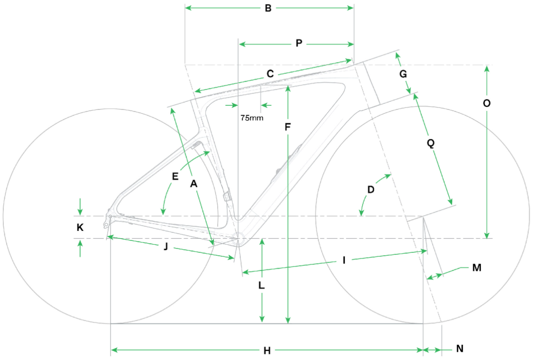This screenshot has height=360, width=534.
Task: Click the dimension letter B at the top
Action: [268, 8]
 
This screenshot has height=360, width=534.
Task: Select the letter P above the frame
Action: [299, 44]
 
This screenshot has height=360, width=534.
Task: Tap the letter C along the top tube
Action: [270, 74]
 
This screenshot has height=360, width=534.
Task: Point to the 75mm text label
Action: [252, 118]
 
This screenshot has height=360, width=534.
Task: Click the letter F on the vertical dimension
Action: [288, 127]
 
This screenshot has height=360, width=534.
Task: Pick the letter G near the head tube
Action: [403, 74]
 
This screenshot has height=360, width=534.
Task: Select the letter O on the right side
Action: [487, 103]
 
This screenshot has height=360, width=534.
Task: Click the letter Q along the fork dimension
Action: [431, 143]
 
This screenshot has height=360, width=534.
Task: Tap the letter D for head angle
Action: [371, 189]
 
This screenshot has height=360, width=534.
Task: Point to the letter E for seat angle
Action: [175, 176]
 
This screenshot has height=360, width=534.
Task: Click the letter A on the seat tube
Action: [193, 184]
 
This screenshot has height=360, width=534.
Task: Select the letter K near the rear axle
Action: [80, 227]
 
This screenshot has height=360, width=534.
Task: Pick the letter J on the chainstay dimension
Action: [166, 246]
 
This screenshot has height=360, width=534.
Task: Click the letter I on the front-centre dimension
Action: [344, 261]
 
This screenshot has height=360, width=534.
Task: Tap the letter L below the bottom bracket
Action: [262, 285]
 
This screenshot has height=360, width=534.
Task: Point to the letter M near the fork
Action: [477, 268]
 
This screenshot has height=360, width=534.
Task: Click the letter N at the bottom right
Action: [460, 349]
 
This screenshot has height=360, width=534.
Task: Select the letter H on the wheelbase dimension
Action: [267, 351]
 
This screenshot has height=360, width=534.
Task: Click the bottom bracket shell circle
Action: [238, 238]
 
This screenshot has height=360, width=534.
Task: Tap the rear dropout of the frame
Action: [108, 220]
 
